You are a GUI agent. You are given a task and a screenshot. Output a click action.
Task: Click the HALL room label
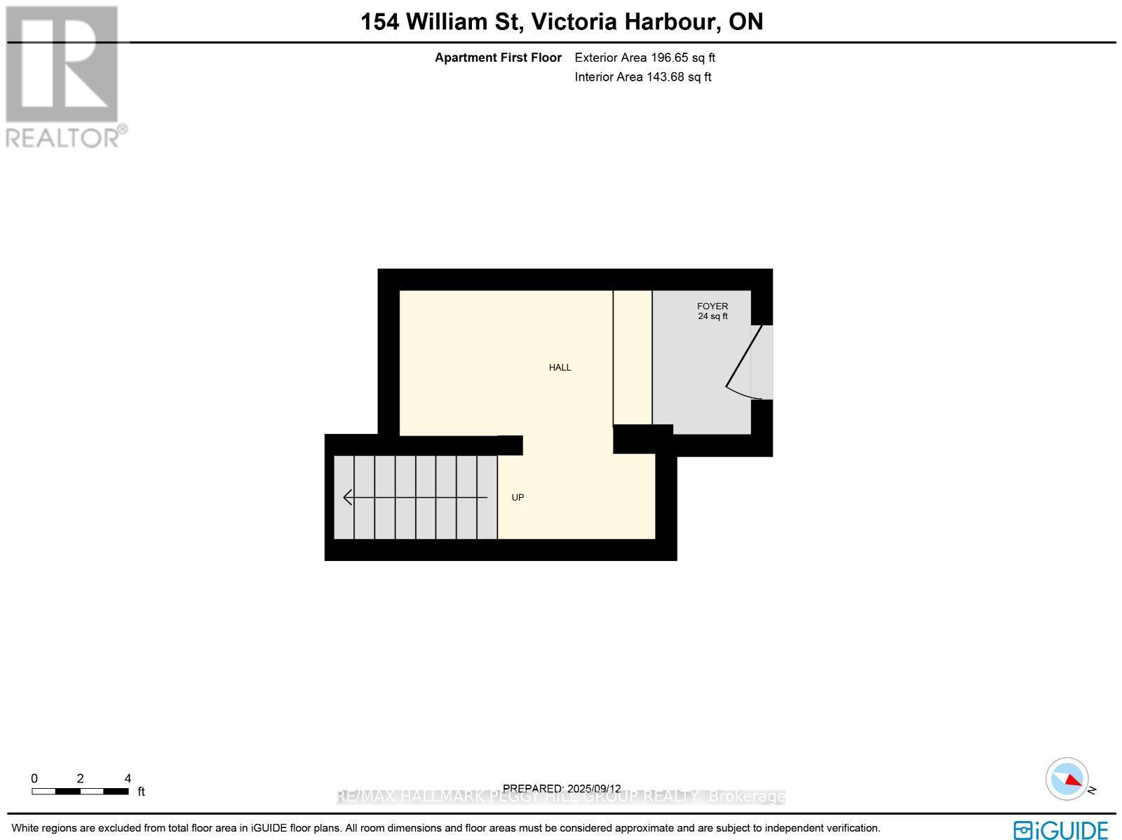(560, 367)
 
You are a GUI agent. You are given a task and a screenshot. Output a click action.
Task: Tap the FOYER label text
(712, 306)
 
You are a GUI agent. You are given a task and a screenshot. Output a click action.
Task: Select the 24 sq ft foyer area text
(712, 316)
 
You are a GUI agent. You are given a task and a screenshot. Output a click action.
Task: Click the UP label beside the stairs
(518, 498)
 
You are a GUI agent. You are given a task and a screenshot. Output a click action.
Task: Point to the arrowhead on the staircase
(347, 498)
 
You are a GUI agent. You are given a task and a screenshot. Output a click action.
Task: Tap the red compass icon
(1067, 779)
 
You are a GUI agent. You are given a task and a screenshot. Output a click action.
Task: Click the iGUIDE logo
(1061, 829)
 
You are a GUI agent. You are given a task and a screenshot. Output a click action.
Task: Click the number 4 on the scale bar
(127, 778)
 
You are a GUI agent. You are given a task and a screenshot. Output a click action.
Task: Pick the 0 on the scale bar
(34, 778)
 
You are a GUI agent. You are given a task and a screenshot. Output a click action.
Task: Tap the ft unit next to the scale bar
(141, 792)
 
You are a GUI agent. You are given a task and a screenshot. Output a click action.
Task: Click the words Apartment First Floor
(498, 58)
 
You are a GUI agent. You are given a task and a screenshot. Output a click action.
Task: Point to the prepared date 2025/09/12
(593, 789)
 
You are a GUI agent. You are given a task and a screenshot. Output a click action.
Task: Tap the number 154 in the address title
(379, 22)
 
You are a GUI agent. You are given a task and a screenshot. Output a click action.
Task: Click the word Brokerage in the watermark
(746, 797)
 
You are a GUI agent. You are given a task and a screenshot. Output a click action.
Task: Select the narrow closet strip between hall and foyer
(633, 358)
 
